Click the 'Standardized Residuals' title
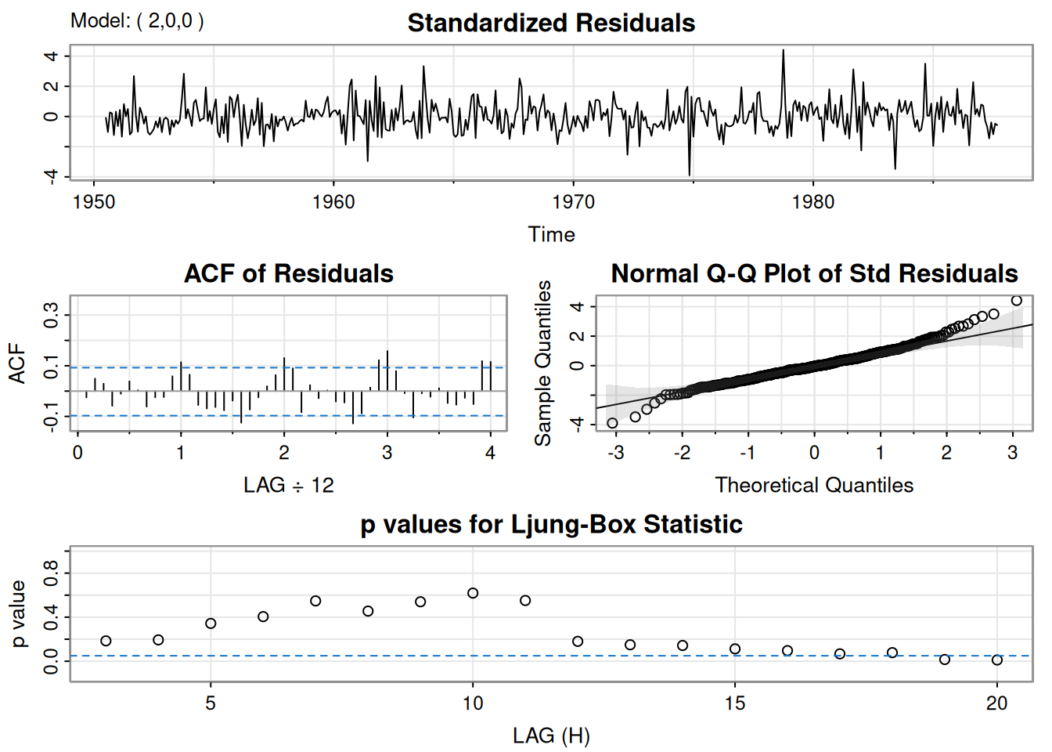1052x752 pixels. pos(551,23)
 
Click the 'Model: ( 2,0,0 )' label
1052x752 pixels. pos(137,20)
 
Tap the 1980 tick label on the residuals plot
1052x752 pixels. pos(813,201)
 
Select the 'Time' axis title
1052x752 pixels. pos(551,234)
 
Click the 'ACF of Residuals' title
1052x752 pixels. pos(289,273)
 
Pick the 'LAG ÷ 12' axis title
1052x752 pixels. pos(289,485)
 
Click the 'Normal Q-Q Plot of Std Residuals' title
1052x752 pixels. pos(814,273)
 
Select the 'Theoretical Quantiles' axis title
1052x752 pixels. pos(814,485)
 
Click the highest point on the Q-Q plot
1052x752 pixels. pos(1017,301)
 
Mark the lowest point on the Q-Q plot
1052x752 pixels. pos(612,423)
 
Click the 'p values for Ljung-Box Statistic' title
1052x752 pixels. pos(551,524)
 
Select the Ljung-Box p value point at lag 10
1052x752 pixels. pos(473,593)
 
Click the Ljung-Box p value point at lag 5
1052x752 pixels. pos(211,624)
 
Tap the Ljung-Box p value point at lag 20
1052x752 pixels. pos(997,660)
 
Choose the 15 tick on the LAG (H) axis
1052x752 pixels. pos(735,703)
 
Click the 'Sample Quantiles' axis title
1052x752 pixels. pos(543,363)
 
